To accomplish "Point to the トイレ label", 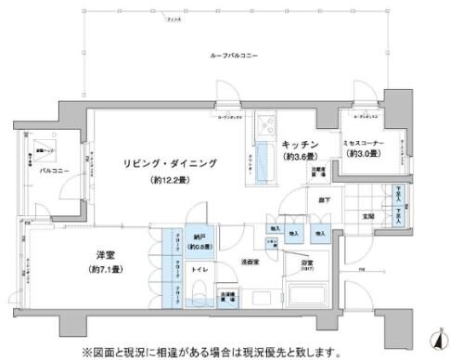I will point(199,270).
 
